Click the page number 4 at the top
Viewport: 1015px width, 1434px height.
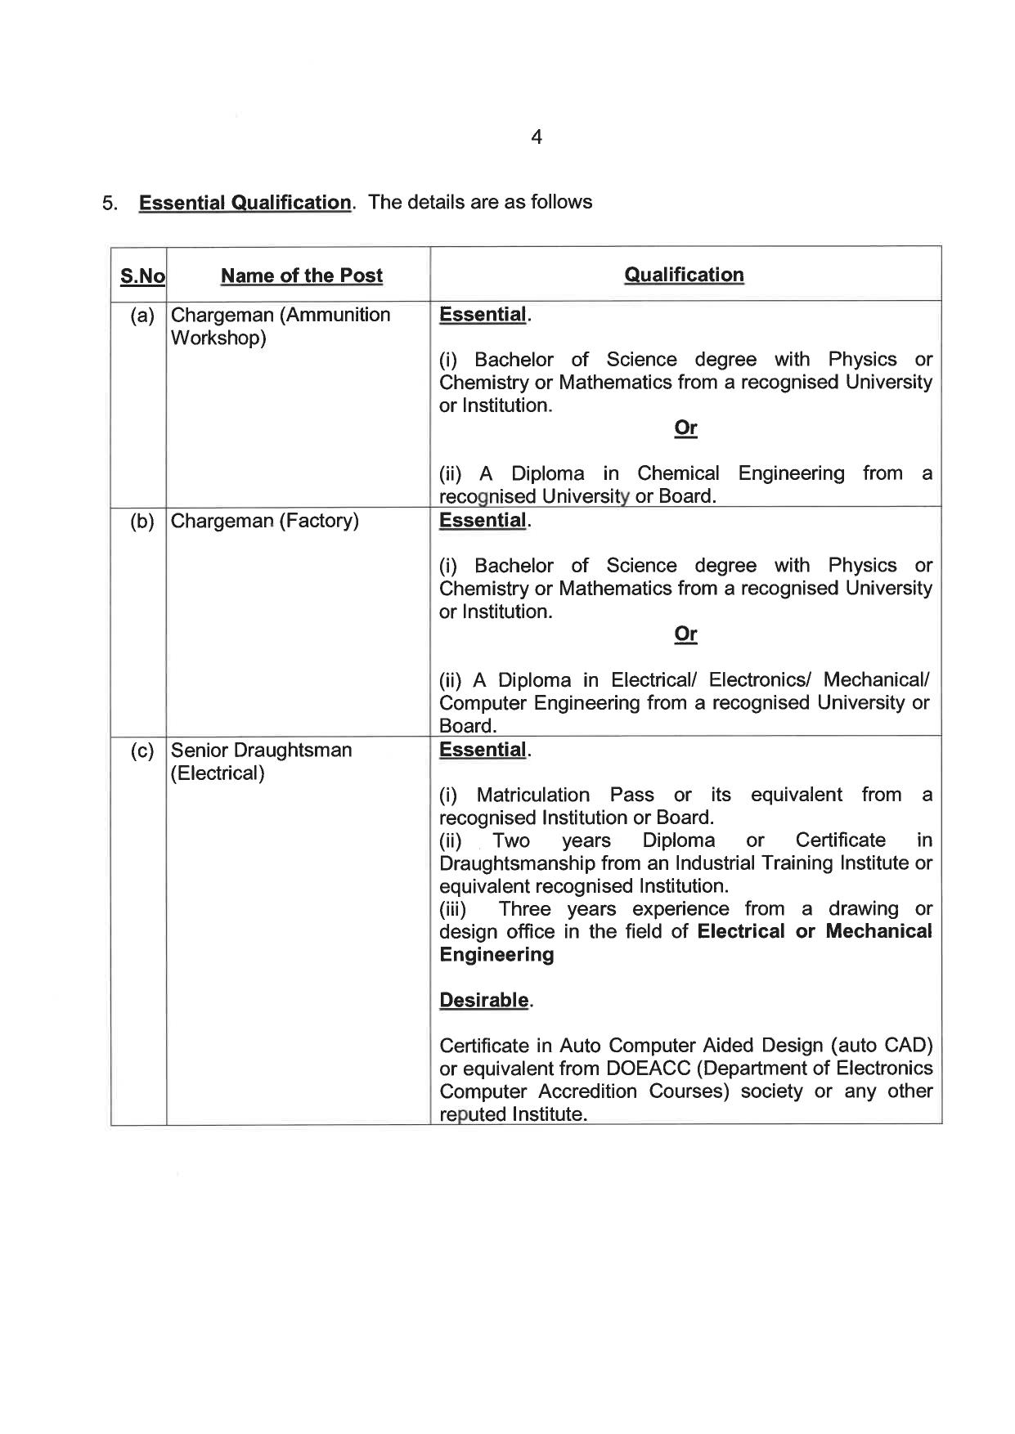coord(536,137)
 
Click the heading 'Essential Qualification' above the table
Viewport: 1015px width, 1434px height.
coord(245,202)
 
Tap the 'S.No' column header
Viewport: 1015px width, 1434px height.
coord(142,276)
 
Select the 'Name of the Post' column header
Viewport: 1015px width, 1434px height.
coord(301,276)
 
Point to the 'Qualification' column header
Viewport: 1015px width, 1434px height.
coord(684,275)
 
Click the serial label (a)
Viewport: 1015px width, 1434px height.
coord(142,316)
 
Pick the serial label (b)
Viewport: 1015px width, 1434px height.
coord(142,522)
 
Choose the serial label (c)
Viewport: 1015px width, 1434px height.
coord(142,751)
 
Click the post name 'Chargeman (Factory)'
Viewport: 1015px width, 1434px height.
coord(264,522)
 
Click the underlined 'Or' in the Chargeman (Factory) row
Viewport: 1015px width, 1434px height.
coord(685,634)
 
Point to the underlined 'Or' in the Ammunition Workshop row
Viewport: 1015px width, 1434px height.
coord(685,428)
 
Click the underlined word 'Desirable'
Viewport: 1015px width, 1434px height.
coord(483,1000)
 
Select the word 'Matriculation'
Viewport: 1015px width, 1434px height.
coord(532,795)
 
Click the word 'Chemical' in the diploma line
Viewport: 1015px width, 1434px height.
coord(678,473)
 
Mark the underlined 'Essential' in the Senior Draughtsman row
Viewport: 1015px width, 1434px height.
coord(483,750)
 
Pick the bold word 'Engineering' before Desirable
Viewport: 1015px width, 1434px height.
coord(496,955)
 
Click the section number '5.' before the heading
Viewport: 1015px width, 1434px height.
coord(110,203)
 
